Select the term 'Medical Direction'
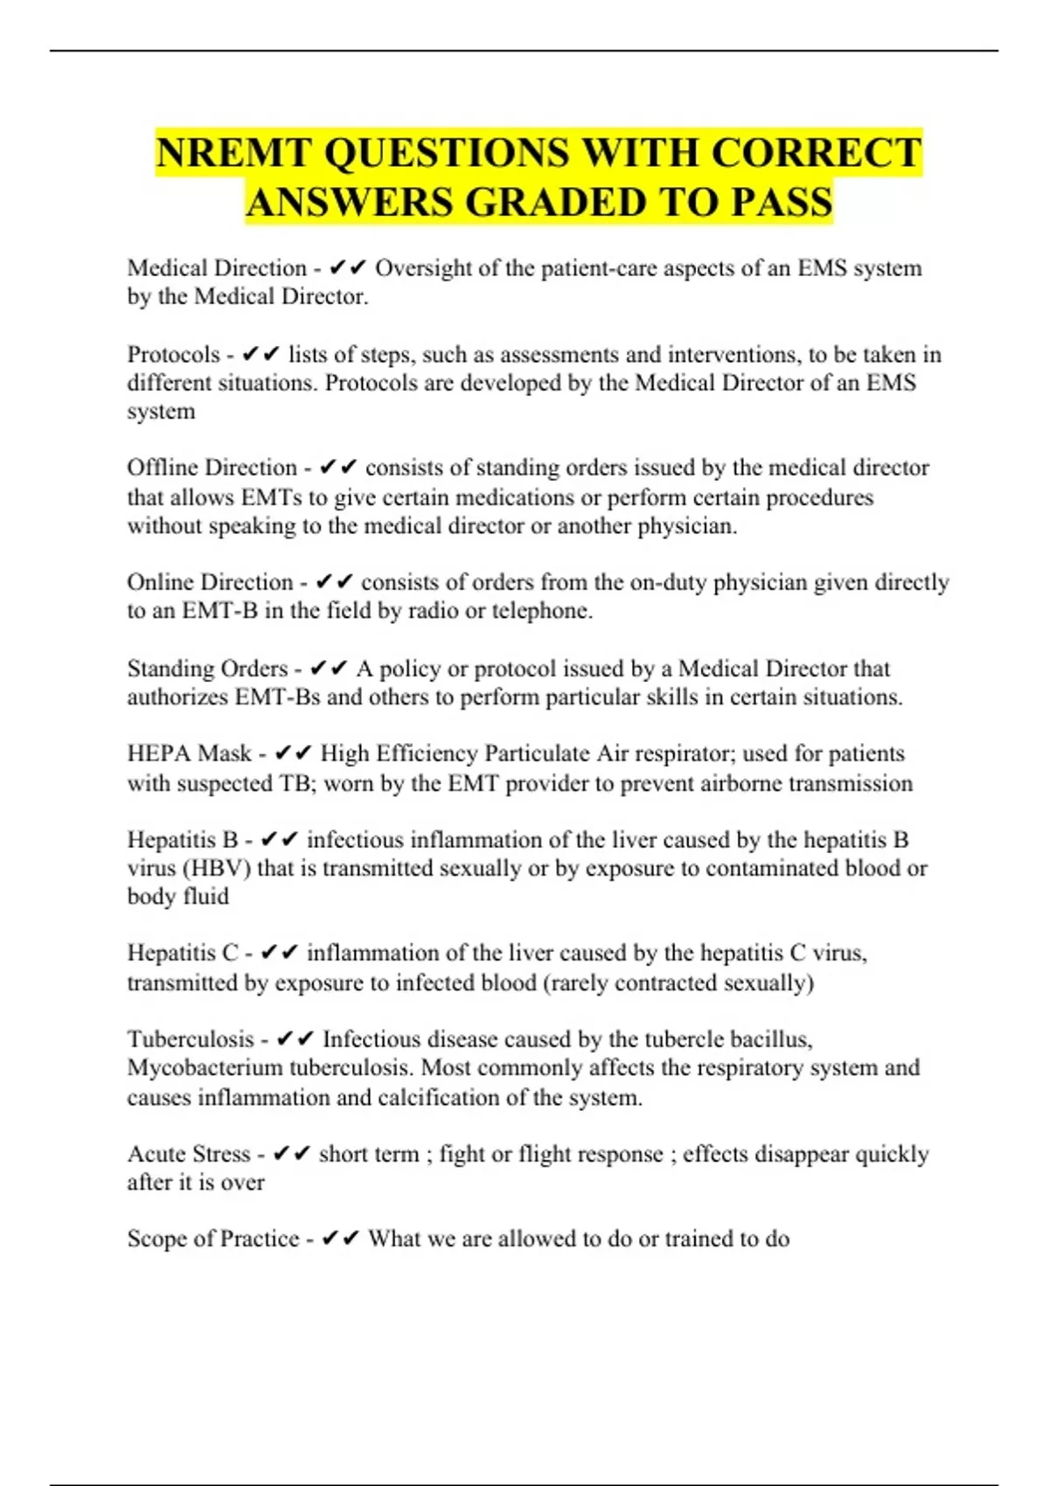(x=217, y=268)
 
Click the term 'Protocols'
(x=174, y=355)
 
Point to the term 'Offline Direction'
(x=212, y=468)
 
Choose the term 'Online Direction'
(x=210, y=582)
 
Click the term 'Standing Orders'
(x=207, y=669)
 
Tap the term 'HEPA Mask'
(x=189, y=753)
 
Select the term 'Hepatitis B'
(x=183, y=840)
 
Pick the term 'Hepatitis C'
(x=183, y=953)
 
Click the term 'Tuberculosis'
(x=191, y=1039)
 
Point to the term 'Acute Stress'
(x=189, y=1154)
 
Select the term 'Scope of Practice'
(x=213, y=1239)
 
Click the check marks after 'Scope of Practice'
(x=340, y=1239)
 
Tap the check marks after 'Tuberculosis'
(x=295, y=1039)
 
